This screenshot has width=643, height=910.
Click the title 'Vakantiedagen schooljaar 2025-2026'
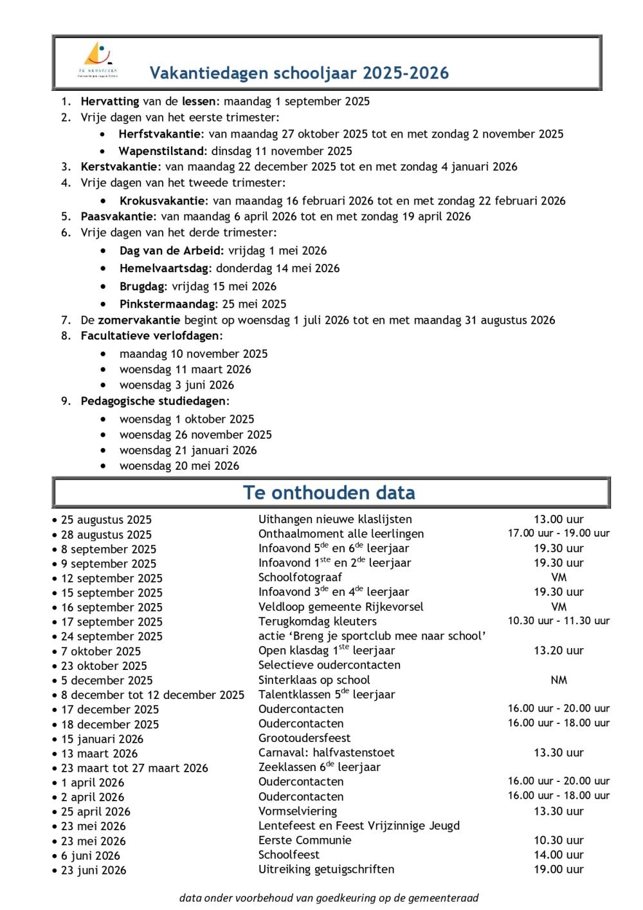(299, 73)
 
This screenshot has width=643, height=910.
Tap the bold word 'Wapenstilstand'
(162, 151)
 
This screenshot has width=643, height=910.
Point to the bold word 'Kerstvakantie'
(120, 167)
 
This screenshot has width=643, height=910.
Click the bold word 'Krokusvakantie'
(163, 201)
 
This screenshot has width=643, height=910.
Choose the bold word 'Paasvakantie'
(118, 216)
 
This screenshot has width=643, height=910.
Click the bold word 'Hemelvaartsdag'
(165, 268)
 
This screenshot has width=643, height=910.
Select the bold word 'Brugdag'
(143, 286)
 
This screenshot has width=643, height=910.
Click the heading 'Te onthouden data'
(329, 493)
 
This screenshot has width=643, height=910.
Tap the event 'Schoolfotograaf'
(300, 577)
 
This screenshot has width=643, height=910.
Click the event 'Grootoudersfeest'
(304, 738)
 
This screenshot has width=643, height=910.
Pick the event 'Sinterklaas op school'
(314, 680)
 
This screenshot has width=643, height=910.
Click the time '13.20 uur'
(558, 651)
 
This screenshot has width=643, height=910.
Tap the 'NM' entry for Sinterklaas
(558, 680)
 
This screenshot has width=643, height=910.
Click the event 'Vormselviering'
(298, 812)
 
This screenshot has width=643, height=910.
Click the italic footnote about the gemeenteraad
(329, 898)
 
